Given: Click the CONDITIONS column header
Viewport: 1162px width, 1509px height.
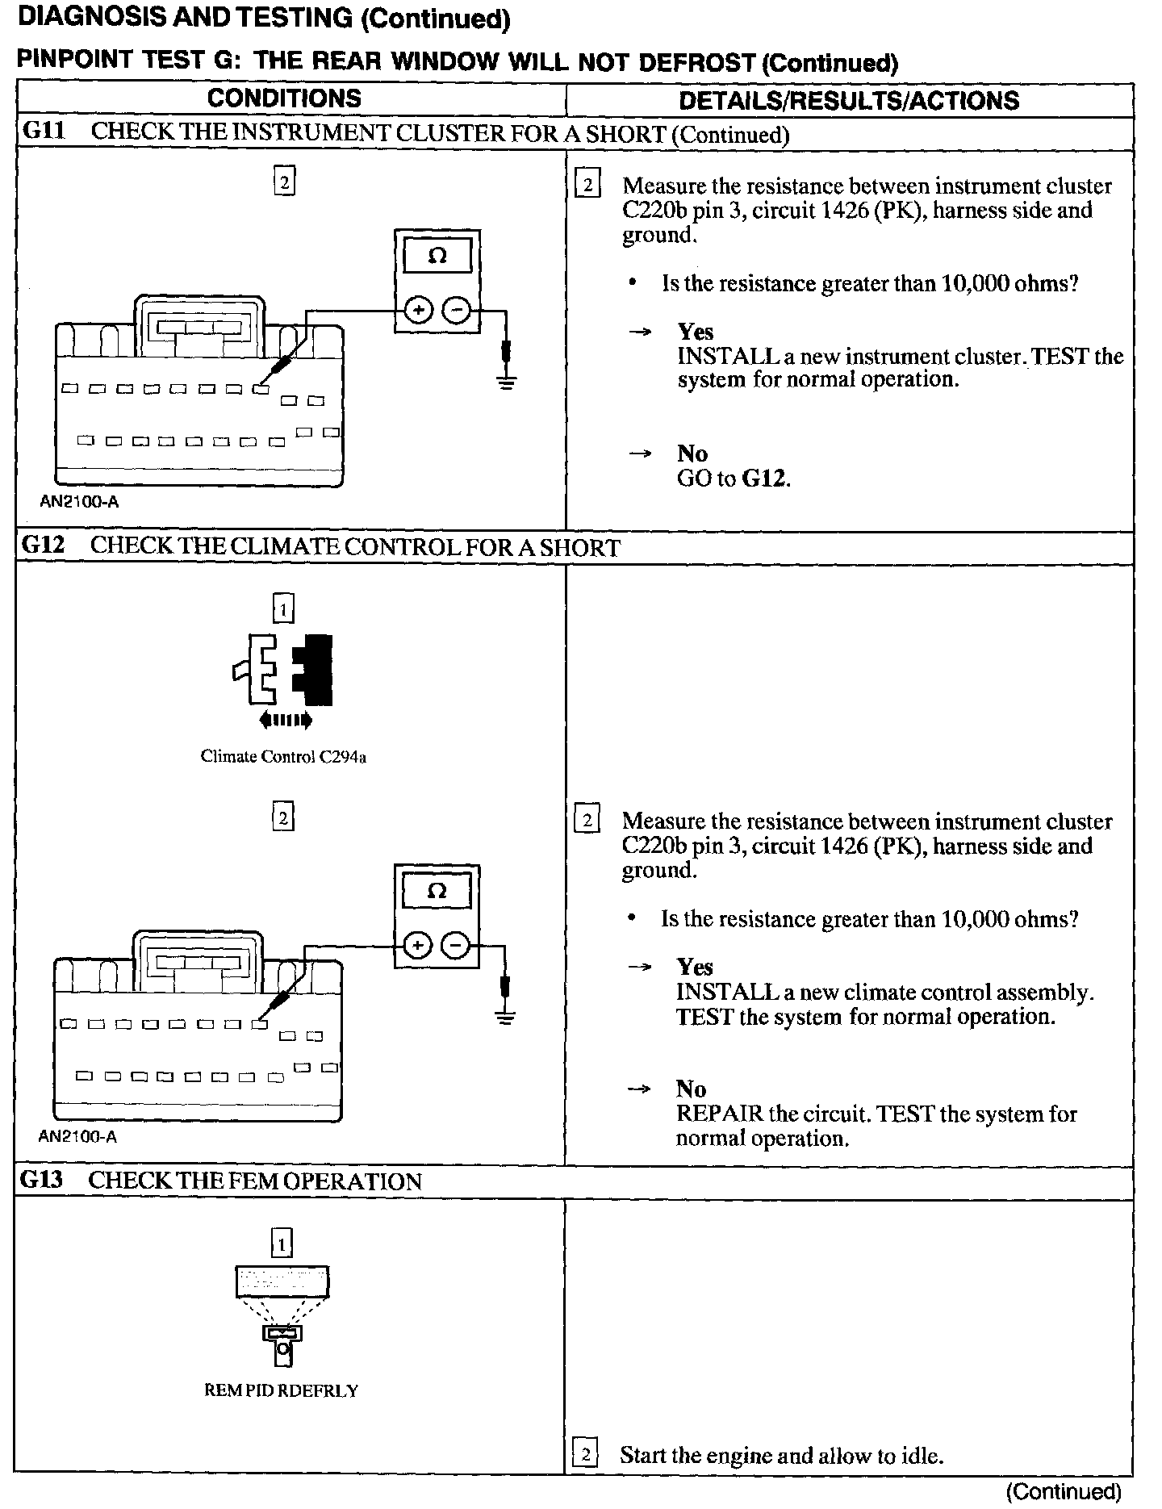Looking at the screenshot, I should pos(284,98).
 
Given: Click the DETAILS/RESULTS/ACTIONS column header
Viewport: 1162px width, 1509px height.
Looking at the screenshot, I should pos(849,100).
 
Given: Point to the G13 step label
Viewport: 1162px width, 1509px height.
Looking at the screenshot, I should pos(42,1181).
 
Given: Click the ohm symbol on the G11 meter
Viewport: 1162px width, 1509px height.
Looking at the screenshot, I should pos(437,257).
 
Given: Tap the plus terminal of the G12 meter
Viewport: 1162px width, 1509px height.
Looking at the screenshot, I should pos(417,945).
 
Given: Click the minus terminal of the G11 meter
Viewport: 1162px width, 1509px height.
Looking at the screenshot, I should pos(457,310).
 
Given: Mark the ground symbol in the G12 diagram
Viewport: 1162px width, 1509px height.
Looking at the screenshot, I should pos(506,1015).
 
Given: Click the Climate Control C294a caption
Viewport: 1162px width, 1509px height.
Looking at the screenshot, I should pos(283,757).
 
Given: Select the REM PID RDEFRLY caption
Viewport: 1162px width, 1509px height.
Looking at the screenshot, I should pos(281,1391).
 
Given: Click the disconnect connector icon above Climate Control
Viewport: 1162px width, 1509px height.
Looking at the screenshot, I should pos(284,671).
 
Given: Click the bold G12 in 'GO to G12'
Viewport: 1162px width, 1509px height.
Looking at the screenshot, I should pos(763,479).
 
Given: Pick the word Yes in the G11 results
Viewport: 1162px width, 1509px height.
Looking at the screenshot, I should pos(695,332).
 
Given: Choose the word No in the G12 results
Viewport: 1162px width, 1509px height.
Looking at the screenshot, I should pos(691,1089).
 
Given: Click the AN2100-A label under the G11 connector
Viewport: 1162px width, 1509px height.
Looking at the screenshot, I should pos(79,501).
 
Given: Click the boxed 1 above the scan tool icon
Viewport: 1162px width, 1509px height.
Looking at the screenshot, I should pos(282,1244).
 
